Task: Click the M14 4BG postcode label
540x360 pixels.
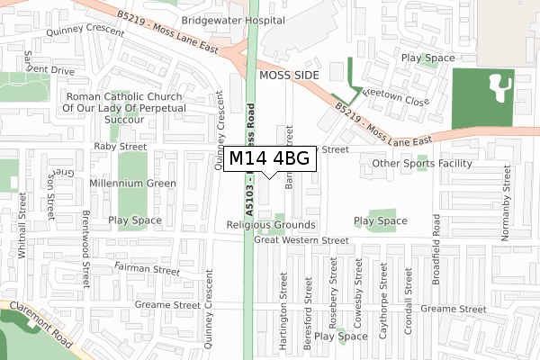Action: click(270, 159)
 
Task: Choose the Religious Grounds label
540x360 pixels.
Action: click(271, 224)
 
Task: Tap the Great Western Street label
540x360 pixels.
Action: click(301, 240)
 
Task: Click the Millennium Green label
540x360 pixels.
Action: click(132, 183)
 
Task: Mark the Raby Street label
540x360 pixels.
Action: click(120, 146)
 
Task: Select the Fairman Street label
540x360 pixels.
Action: click(148, 268)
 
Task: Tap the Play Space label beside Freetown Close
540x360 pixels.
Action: click(427, 58)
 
